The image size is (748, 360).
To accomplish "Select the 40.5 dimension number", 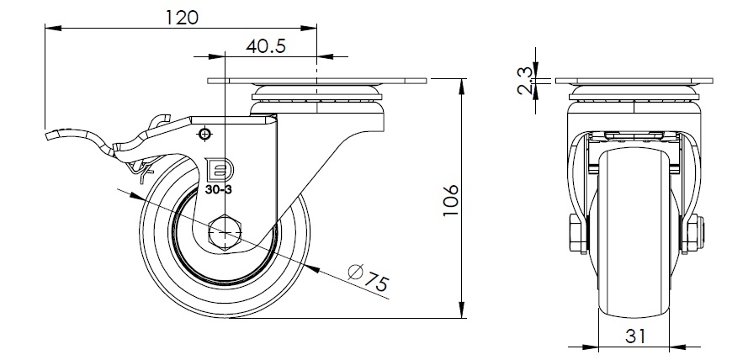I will (x=267, y=47).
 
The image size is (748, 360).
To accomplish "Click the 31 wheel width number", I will (x=635, y=336).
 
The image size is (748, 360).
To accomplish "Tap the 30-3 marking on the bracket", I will (x=218, y=190).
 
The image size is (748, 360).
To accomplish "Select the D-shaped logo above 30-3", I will (x=217, y=171).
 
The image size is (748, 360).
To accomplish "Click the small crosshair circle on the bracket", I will (x=203, y=134).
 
